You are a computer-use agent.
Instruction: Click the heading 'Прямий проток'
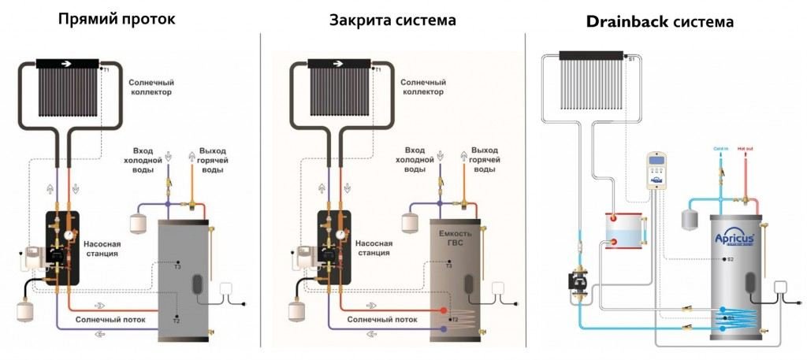click(x=117, y=19)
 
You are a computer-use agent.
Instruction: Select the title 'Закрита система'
click(x=392, y=19)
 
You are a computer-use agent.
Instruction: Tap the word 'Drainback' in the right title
click(x=627, y=21)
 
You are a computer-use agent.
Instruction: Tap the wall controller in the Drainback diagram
click(x=658, y=170)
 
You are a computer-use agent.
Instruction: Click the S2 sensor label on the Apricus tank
click(x=730, y=258)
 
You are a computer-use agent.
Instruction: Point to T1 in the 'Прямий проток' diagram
click(x=107, y=70)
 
